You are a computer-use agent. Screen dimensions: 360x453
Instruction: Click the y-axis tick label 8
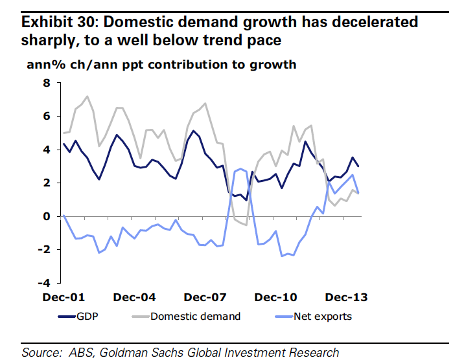pos(47,83)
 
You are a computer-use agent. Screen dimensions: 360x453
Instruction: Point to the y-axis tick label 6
pos(47,117)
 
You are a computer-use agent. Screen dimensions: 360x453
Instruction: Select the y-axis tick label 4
pos(47,150)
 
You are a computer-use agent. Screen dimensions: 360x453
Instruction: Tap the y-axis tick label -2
pos(44,250)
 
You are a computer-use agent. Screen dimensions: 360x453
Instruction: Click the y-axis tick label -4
pos(44,284)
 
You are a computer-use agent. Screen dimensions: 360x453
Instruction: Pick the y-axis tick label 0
pos(47,216)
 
